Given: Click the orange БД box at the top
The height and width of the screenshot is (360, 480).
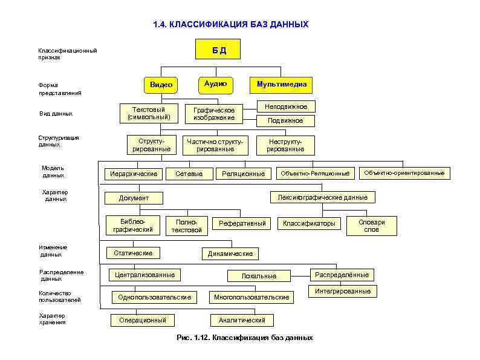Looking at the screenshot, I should pos(218,49).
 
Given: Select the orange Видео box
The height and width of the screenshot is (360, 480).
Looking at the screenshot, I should pos(161,85).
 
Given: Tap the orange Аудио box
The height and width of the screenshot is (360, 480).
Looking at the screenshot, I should pos(215,84).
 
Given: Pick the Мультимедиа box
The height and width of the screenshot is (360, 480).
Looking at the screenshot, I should pos(281,85).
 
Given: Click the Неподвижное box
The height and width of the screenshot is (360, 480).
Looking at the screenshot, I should pos(286,106).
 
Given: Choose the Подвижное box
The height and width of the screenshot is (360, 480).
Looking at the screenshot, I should pos(286,121).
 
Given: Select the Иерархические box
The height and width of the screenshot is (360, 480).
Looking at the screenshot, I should pos(133,174).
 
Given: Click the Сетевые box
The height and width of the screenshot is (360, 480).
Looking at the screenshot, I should pos(189,174).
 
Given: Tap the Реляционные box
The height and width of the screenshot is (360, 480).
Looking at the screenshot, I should pos(243,174).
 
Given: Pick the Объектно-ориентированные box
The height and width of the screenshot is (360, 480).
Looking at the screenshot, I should pos(404,173).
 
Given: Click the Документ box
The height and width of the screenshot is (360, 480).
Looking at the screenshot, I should pos(134,198).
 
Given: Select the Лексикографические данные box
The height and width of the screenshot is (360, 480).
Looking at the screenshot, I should pos(322,197).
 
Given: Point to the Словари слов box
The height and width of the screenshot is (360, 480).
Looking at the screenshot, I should pos(371,226).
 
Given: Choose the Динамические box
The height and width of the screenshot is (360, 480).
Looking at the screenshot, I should pos(230,254).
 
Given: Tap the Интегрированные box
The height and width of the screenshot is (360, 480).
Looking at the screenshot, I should pos(343,291).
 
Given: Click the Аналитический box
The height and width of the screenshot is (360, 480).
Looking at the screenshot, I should pos(242,320).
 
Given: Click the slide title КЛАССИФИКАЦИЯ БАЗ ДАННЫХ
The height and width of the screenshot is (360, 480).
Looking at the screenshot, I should pos(230,25).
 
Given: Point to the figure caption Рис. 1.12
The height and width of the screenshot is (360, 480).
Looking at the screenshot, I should pos(244,338).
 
